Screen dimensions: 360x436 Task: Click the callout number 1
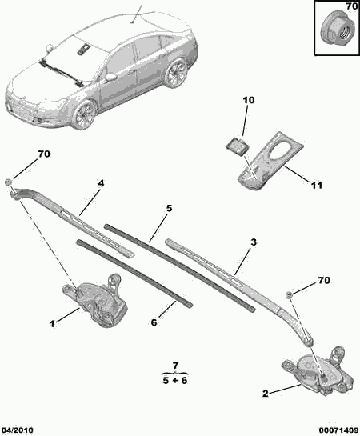[x=52, y=324]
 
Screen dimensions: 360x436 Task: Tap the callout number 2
[x=266, y=394]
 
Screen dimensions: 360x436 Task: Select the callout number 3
[x=253, y=242]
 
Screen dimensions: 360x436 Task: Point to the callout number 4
[x=101, y=183]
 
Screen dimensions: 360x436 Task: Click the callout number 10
[x=249, y=100]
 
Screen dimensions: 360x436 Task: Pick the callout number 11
[x=316, y=185]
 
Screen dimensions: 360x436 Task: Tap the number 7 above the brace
[x=175, y=366]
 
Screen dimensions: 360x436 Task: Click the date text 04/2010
[x=18, y=430]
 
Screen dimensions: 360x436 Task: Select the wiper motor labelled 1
[x=94, y=300]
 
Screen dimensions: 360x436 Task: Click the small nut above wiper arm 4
[x=8, y=182]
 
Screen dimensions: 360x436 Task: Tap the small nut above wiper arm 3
[x=289, y=294]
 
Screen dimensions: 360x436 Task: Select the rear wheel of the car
[x=177, y=73]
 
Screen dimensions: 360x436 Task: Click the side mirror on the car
[x=110, y=77]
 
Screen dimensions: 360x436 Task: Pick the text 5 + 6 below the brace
[x=175, y=380]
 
